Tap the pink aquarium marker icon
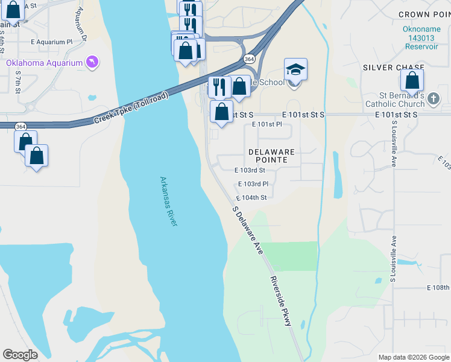(x=91, y=62)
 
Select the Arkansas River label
(x=169, y=202)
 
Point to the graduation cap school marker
(x=295, y=71)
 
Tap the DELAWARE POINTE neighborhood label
(x=271, y=156)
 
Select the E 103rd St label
(x=250, y=171)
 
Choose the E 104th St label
(x=251, y=197)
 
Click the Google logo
(x=20, y=355)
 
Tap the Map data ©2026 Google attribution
(x=413, y=357)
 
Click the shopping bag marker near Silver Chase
(x=412, y=81)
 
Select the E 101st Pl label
(x=266, y=125)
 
